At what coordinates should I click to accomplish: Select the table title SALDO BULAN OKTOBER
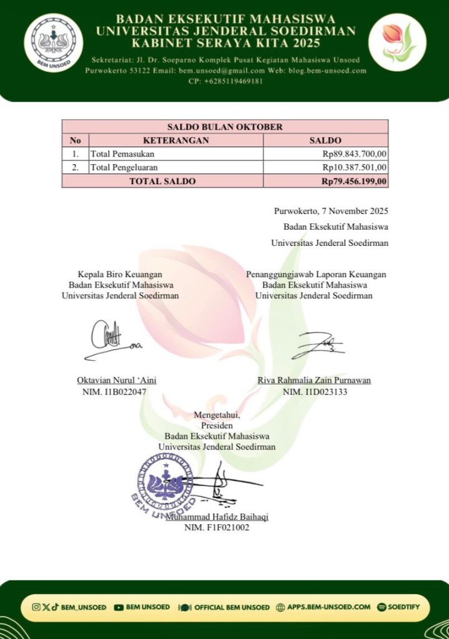tap(225, 127)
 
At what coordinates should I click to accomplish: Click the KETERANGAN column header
tap(175, 141)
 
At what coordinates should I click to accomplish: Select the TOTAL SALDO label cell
tap(162, 181)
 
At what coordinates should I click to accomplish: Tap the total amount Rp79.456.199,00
tap(354, 181)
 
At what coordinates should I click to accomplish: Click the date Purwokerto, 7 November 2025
tap(331, 210)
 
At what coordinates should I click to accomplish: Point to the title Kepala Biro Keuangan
tap(120, 274)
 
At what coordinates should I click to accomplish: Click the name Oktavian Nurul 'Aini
tap(116, 380)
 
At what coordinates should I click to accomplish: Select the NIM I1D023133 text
tap(315, 392)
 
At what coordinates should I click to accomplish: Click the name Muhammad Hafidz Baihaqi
tap(217, 517)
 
